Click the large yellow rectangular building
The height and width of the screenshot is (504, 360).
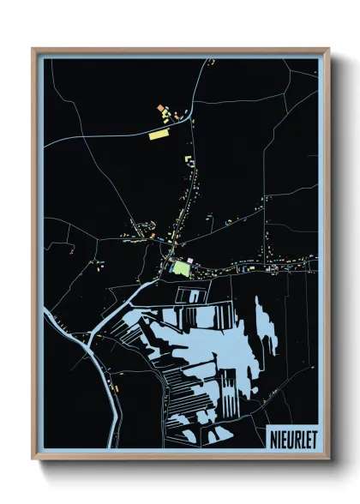159,134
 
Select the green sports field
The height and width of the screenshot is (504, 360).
180,267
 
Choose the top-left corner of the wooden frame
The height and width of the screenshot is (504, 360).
33,49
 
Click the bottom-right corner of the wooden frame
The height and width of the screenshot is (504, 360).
328,458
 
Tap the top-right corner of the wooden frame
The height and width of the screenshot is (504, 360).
328,49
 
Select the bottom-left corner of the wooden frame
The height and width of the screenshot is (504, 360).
33,458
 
